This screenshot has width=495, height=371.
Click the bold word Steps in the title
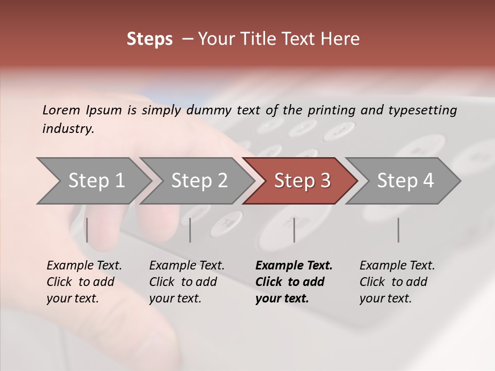(150, 39)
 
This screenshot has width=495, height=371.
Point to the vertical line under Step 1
(87, 230)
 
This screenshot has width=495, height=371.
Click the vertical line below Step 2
(190, 230)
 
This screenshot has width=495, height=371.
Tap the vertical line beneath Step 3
(294, 230)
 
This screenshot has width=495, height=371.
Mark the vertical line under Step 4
(398, 230)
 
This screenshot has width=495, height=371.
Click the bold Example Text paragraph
(293, 282)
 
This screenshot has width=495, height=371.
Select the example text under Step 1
(84, 282)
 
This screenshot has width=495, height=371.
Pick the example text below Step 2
(186, 282)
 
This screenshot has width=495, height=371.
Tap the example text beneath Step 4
(397, 282)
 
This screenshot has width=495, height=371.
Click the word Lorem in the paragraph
(61, 110)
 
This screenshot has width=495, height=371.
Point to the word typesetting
(425, 110)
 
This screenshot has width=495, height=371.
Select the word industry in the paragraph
(67, 129)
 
